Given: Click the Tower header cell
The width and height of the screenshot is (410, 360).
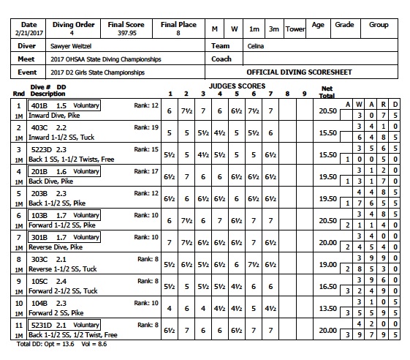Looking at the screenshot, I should pyautogui.click(x=295, y=29).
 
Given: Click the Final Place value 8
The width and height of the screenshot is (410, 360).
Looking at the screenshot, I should pyautogui.click(x=178, y=33).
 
